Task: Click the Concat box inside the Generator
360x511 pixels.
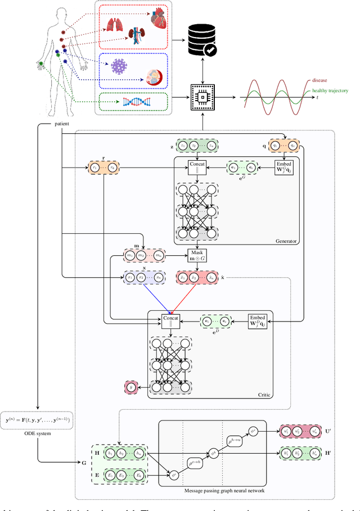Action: pos(197,167)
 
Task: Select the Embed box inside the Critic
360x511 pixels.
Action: pos(257,322)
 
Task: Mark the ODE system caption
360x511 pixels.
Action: pos(38,432)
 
